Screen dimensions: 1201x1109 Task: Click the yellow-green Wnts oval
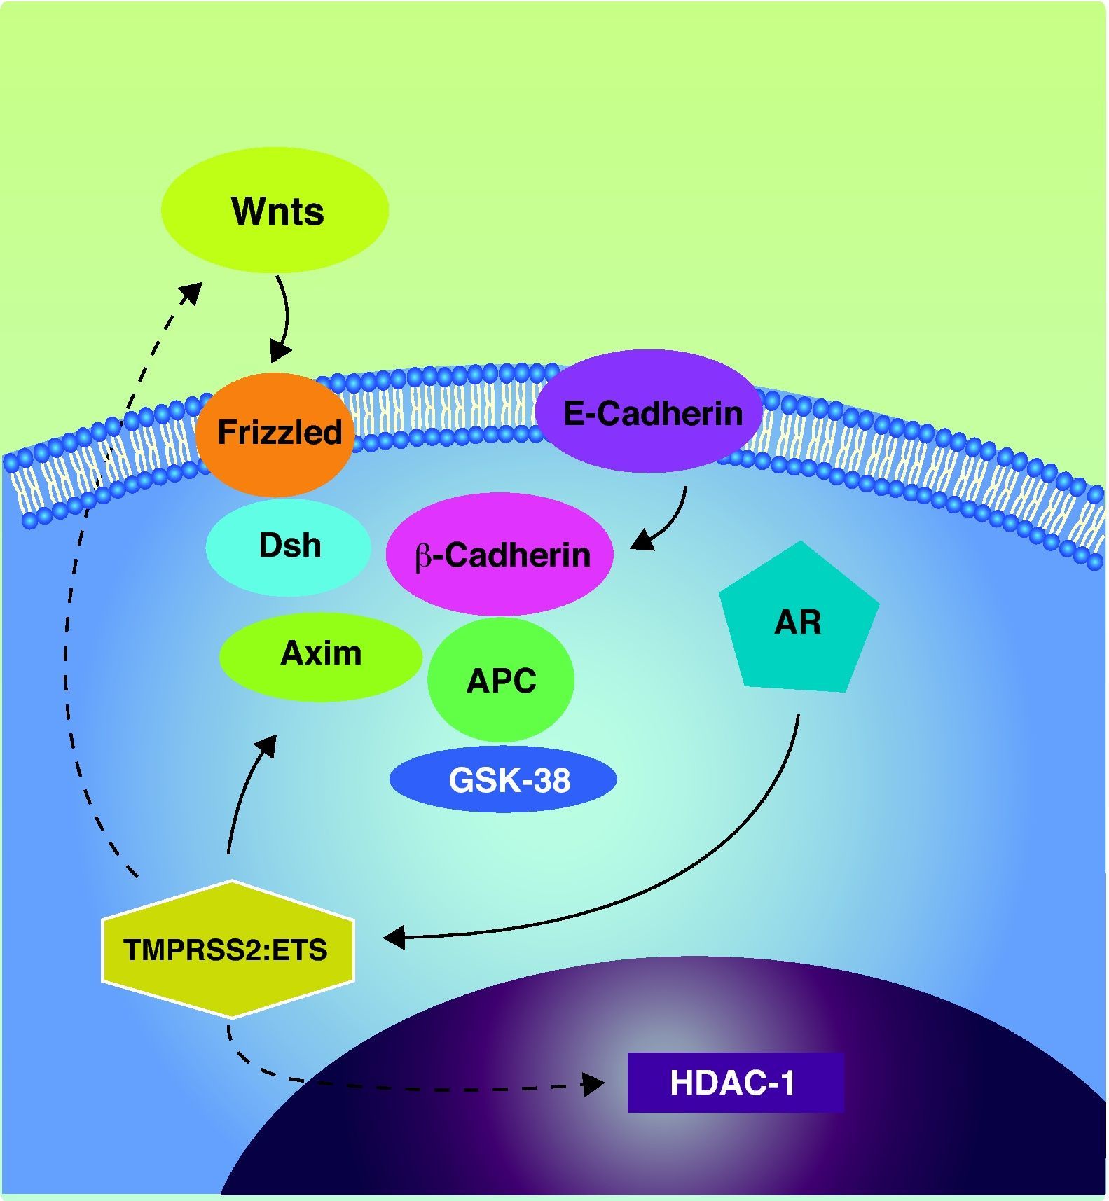(x=275, y=210)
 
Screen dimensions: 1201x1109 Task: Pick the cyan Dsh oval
(x=288, y=547)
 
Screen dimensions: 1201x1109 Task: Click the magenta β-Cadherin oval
(x=500, y=555)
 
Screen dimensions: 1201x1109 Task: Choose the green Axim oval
(x=320, y=655)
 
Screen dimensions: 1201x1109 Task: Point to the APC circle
(x=501, y=679)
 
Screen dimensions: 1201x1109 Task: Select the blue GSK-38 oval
(x=503, y=779)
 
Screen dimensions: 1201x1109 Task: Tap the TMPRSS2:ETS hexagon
(x=228, y=950)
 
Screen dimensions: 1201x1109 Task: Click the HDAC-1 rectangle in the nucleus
(x=735, y=1083)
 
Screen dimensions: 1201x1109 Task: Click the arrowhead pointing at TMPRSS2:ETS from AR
(x=394, y=937)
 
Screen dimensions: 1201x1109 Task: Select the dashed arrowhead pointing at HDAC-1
(x=594, y=1085)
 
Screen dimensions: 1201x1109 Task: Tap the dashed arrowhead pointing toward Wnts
(x=192, y=293)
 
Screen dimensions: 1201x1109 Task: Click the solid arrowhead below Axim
(x=266, y=745)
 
